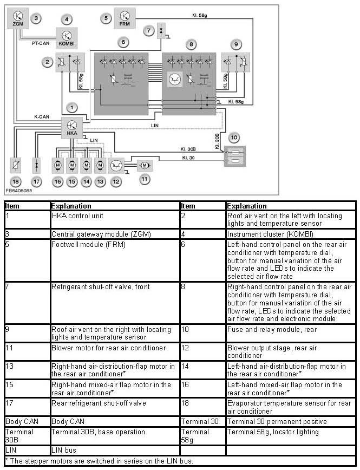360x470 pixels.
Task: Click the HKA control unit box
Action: tap(71, 127)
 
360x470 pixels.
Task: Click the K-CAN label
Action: tap(43, 116)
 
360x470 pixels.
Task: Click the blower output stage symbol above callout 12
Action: tap(115, 164)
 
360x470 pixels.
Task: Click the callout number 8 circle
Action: tap(190, 43)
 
